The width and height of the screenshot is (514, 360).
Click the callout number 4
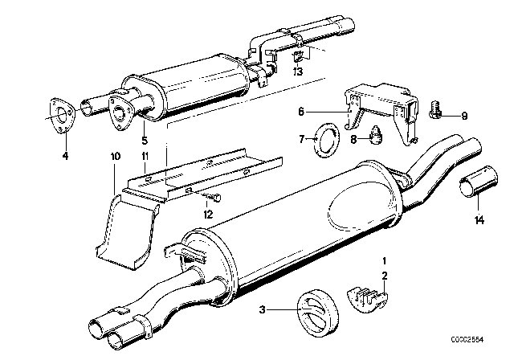tap(66, 156)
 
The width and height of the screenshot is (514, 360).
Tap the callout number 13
tap(298, 72)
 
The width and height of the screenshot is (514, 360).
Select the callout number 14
tap(479, 220)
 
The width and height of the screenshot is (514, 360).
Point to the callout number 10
tap(115, 156)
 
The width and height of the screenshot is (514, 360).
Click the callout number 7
tap(302, 139)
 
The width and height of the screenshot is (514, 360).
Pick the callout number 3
tap(263, 309)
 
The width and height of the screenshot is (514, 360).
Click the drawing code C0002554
tap(467, 340)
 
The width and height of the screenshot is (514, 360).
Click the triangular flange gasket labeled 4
tap(61, 116)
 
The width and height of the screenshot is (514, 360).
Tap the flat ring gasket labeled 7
tap(327, 139)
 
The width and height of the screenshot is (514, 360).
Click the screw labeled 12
tap(213, 197)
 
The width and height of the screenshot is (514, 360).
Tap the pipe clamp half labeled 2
tap(367, 298)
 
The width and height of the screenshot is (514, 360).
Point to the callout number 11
tap(145, 156)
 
